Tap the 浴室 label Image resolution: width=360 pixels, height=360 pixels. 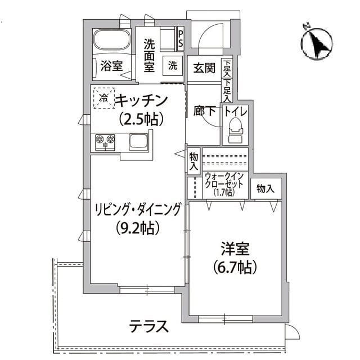(x=111, y=66)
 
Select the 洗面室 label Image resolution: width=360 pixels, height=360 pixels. (x=149, y=55)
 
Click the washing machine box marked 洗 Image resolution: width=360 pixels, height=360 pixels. (x=172, y=65)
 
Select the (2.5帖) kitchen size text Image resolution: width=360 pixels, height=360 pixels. (x=141, y=119)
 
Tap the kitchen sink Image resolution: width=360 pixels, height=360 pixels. (x=138, y=141)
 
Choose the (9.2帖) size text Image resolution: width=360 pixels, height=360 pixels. (x=137, y=228)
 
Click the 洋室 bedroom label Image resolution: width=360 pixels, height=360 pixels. (x=235, y=248)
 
